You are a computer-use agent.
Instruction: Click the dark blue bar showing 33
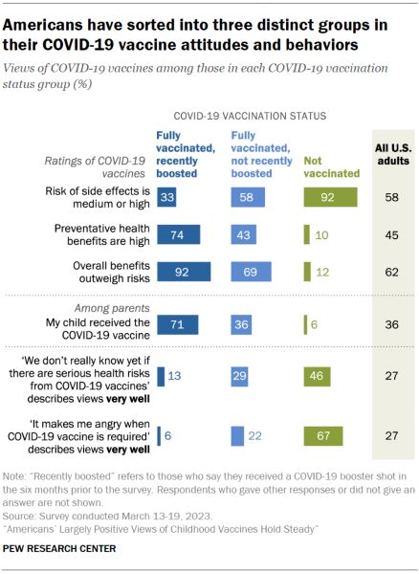click(x=166, y=197)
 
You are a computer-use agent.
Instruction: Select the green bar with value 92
click(x=330, y=197)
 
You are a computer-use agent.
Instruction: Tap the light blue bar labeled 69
click(x=251, y=272)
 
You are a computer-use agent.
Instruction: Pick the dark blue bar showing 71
click(x=178, y=324)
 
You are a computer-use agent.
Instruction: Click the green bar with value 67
click(x=323, y=435)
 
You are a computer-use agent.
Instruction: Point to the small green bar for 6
click(x=305, y=324)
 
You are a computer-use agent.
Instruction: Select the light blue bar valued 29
click(x=239, y=376)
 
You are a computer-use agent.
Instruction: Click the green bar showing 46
click(x=317, y=376)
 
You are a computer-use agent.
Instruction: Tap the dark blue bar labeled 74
click(x=179, y=234)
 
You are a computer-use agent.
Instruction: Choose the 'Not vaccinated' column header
click(x=332, y=166)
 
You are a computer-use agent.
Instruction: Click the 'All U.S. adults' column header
click(x=393, y=154)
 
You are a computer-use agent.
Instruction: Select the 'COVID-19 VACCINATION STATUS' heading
click(x=250, y=116)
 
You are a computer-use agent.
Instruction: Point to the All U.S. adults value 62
click(x=391, y=272)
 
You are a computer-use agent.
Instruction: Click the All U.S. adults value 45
click(x=391, y=235)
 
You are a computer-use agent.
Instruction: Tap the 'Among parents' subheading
click(x=112, y=308)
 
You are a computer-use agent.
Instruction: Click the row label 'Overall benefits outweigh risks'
click(x=111, y=272)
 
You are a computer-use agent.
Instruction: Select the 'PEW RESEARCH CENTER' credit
click(x=59, y=548)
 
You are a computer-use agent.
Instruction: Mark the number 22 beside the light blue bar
click(x=254, y=435)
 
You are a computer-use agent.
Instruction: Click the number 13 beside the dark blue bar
click(x=174, y=376)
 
